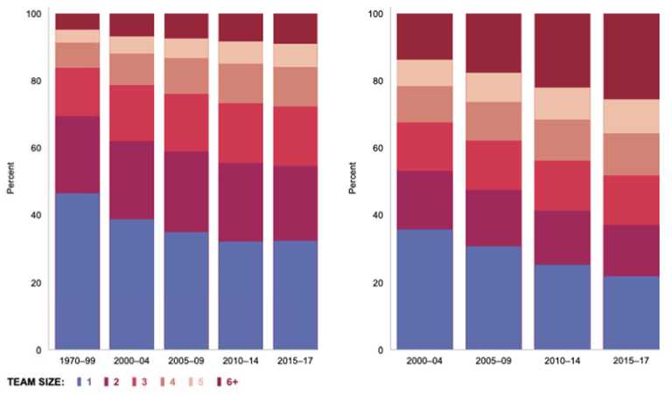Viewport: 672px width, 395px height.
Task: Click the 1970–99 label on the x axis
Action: pyautogui.click(x=76, y=360)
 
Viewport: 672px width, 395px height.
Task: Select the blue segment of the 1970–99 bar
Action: pyautogui.click(x=76, y=272)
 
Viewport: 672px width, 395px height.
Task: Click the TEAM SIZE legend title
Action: pyautogui.click(x=37, y=383)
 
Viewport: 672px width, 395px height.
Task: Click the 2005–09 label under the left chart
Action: pyautogui.click(x=185, y=360)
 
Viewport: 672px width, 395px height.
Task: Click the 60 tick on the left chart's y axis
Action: pyautogui.click(x=36, y=148)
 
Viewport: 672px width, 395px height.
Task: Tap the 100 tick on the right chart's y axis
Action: pyautogui.click(x=373, y=14)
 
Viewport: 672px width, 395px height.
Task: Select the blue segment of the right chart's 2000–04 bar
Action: pyautogui.click(x=423, y=289)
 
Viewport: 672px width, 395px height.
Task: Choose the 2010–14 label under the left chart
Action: pyautogui.click(x=240, y=360)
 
